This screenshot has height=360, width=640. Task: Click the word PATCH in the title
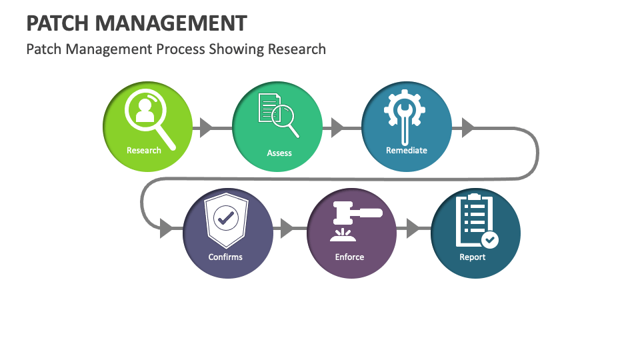(57, 23)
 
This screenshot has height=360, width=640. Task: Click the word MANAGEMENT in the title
(171, 23)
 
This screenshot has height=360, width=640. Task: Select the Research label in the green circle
(144, 150)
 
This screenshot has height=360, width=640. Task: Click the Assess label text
(279, 153)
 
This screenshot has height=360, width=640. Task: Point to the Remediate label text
(406, 150)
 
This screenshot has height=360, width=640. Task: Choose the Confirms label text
(225, 257)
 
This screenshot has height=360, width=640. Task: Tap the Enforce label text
(349, 257)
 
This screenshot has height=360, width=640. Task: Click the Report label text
(472, 257)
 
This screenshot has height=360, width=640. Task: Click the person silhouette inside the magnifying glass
(145, 110)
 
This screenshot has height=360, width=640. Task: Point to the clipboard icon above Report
(475, 220)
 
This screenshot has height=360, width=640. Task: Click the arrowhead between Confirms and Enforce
(287, 229)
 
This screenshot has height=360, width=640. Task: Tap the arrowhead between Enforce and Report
(413, 229)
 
